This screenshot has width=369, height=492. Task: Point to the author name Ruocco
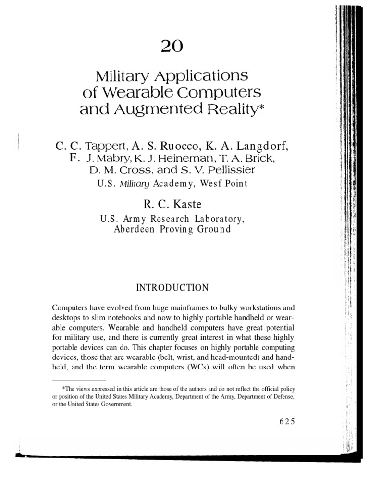tap(174, 146)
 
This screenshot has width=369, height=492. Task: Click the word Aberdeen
tap(135, 229)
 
